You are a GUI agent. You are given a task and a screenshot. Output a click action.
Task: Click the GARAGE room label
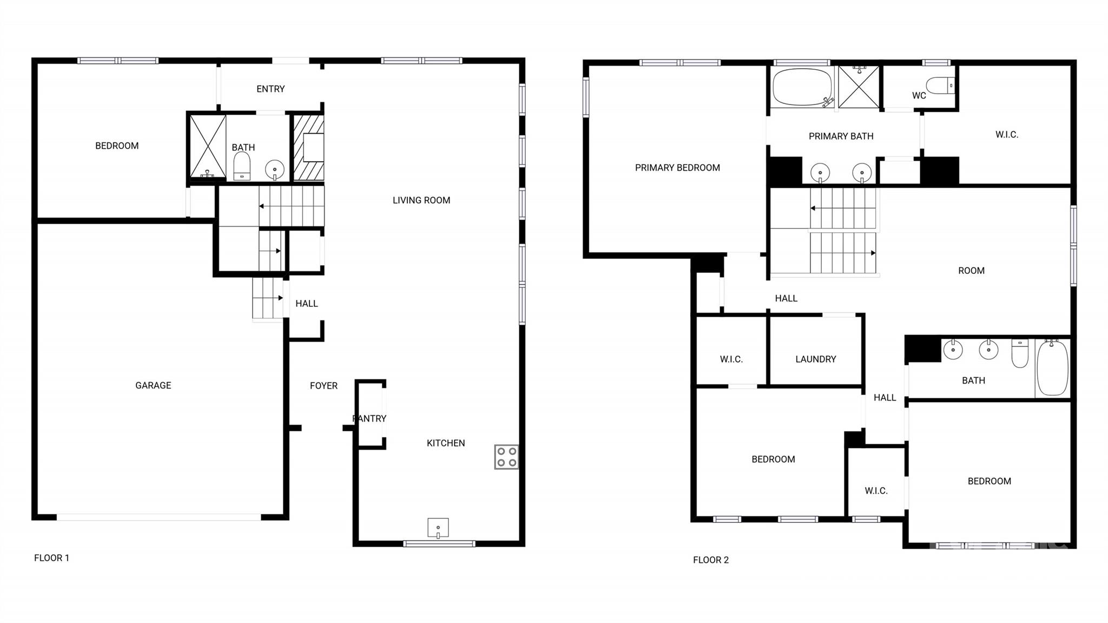tap(153, 385)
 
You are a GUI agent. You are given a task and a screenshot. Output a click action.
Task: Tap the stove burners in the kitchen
tap(506, 457)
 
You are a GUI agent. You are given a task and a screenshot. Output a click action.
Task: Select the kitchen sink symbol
tap(438, 528)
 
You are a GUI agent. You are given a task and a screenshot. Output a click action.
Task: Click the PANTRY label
tap(370, 418)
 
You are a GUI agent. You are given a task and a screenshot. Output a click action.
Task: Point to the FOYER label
tap(324, 385)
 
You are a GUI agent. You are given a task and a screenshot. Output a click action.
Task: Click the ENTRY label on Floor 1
tap(271, 89)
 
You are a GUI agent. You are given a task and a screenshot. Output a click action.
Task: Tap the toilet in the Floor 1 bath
tap(242, 166)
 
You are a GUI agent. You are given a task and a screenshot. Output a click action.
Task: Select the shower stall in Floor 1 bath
tap(208, 146)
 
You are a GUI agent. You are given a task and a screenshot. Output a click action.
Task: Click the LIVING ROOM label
tap(421, 200)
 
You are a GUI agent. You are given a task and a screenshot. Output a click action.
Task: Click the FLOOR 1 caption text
tap(51, 558)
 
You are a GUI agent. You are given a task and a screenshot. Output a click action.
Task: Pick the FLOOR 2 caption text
tap(711, 560)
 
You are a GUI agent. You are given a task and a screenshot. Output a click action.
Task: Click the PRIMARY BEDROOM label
tap(677, 168)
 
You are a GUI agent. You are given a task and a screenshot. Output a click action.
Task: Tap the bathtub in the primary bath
tap(802, 87)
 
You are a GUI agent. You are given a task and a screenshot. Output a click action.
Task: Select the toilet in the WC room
tap(940, 86)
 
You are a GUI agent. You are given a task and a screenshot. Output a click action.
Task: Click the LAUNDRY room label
tap(816, 359)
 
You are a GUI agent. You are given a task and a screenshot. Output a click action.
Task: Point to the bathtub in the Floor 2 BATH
tap(1052, 368)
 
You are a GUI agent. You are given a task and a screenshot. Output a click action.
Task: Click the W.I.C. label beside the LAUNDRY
tap(731, 359)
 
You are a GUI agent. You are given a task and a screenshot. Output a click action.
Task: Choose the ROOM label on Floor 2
tap(971, 271)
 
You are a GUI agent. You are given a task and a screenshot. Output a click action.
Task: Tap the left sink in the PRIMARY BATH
tap(820, 173)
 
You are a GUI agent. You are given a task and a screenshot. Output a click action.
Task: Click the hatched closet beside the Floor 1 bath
tap(308, 147)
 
